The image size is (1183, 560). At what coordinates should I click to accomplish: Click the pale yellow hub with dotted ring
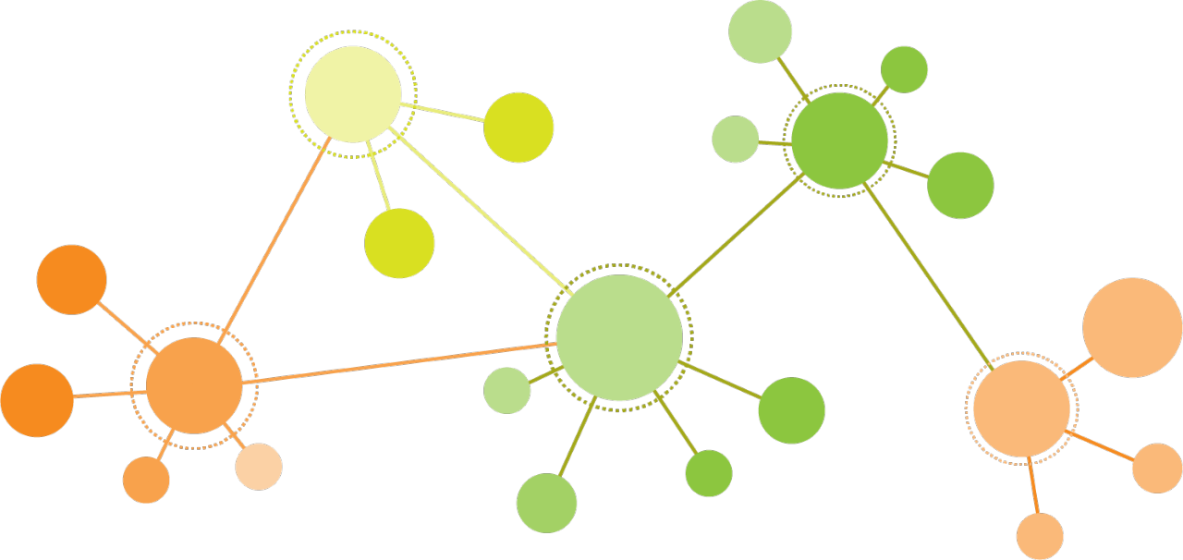pyautogui.click(x=353, y=94)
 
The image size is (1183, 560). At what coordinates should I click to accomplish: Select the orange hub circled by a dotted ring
pyautogui.click(x=194, y=385)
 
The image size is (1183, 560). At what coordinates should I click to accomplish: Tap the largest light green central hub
pyautogui.click(x=619, y=337)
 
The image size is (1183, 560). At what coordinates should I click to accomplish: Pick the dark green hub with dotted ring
pyautogui.click(x=839, y=140)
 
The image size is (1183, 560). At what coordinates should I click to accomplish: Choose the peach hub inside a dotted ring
pyautogui.click(x=1021, y=408)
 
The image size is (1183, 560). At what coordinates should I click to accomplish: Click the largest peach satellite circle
pyautogui.click(x=1132, y=328)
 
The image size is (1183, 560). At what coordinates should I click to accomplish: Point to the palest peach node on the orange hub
pyautogui.click(x=259, y=466)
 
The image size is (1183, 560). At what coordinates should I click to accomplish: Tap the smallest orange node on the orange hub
pyautogui.click(x=146, y=480)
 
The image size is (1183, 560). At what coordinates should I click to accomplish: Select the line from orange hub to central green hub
pyautogui.click(x=397, y=362)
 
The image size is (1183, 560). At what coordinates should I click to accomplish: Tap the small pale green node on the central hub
pyautogui.click(x=506, y=390)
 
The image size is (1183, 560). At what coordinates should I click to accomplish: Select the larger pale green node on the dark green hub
pyautogui.click(x=760, y=31)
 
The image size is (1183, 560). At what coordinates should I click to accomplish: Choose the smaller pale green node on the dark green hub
pyautogui.click(x=736, y=139)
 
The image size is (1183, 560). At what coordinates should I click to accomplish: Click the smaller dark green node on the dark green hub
pyautogui.click(x=904, y=69)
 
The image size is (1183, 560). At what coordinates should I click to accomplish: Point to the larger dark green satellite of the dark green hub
pyautogui.click(x=960, y=185)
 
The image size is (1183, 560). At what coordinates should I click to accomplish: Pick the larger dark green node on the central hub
pyautogui.click(x=791, y=410)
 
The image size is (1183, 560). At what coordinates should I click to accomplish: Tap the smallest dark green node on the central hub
pyautogui.click(x=709, y=473)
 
